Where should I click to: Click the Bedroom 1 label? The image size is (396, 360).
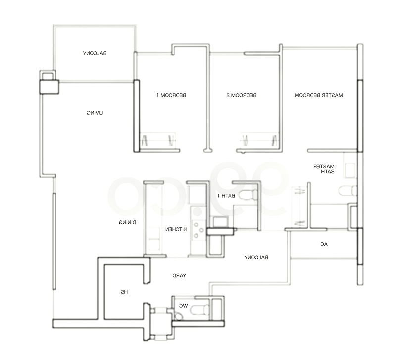pyautogui.click(x=171, y=95)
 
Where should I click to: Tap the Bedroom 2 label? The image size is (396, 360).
pyautogui.click(x=242, y=95)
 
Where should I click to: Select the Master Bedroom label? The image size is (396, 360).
pyautogui.click(x=319, y=95)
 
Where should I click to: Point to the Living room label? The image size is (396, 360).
pyautogui.click(x=95, y=113)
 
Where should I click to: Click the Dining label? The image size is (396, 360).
pyautogui.click(x=128, y=222)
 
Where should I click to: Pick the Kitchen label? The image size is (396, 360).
pyautogui.click(x=176, y=229)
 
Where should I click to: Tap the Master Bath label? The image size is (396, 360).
pyautogui.click(x=324, y=169)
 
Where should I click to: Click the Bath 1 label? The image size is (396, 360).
pyautogui.click(x=226, y=196)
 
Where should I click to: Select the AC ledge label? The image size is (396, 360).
pyautogui.click(x=324, y=244)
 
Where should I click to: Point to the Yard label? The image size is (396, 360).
pyautogui.click(x=179, y=276)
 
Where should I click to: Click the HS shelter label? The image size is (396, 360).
pyautogui.click(x=124, y=292)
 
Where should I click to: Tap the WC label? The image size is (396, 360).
pyautogui.click(x=184, y=306)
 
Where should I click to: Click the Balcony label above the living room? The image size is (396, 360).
pyautogui.click(x=95, y=53)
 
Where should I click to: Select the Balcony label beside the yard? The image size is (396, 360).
pyautogui.click(x=256, y=257)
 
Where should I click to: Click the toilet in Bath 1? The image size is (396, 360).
pyautogui.click(x=248, y=195)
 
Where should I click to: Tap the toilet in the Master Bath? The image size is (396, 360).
pyautogui.click(x=347, y=191)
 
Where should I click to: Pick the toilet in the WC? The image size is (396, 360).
pyautogui.click(x=200, y=310)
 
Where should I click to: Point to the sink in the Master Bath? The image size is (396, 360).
pyautogui.click(x=350, y=167)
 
